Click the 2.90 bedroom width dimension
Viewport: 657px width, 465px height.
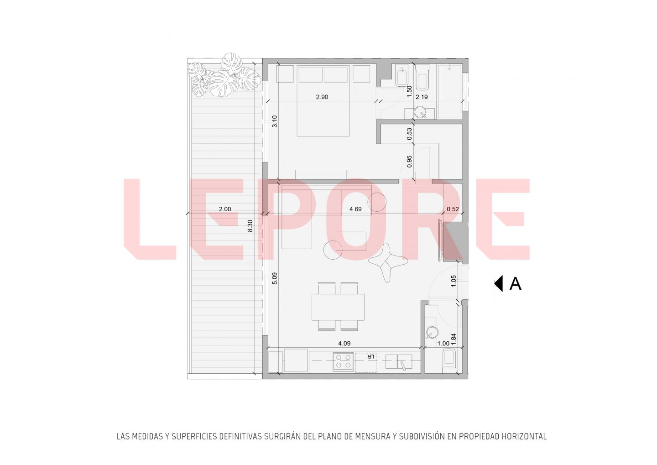[322, 97]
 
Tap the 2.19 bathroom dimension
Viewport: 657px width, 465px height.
[422, 97]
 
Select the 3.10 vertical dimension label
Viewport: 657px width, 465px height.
[275, 121]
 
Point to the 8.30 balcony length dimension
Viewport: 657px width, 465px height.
[250, 226]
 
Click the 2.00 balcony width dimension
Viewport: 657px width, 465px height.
[225, 209]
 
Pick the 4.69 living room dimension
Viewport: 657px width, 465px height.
[355, 209]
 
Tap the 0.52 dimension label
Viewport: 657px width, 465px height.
[453, 209]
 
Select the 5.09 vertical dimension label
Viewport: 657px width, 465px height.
[275, 278]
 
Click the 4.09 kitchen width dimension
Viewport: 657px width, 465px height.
[344, 343]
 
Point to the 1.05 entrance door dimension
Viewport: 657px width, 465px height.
[454, 281]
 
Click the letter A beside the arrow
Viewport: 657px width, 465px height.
[516, 284]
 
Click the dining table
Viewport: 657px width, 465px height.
[338, 307]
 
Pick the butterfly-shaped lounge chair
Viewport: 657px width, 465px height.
[388, 262]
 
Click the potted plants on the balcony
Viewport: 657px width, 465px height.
[224, 75]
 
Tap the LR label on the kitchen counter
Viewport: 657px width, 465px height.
[371, 357]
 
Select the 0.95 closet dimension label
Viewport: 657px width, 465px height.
[409, 162]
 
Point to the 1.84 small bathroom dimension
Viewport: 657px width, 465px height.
[454, 339]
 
